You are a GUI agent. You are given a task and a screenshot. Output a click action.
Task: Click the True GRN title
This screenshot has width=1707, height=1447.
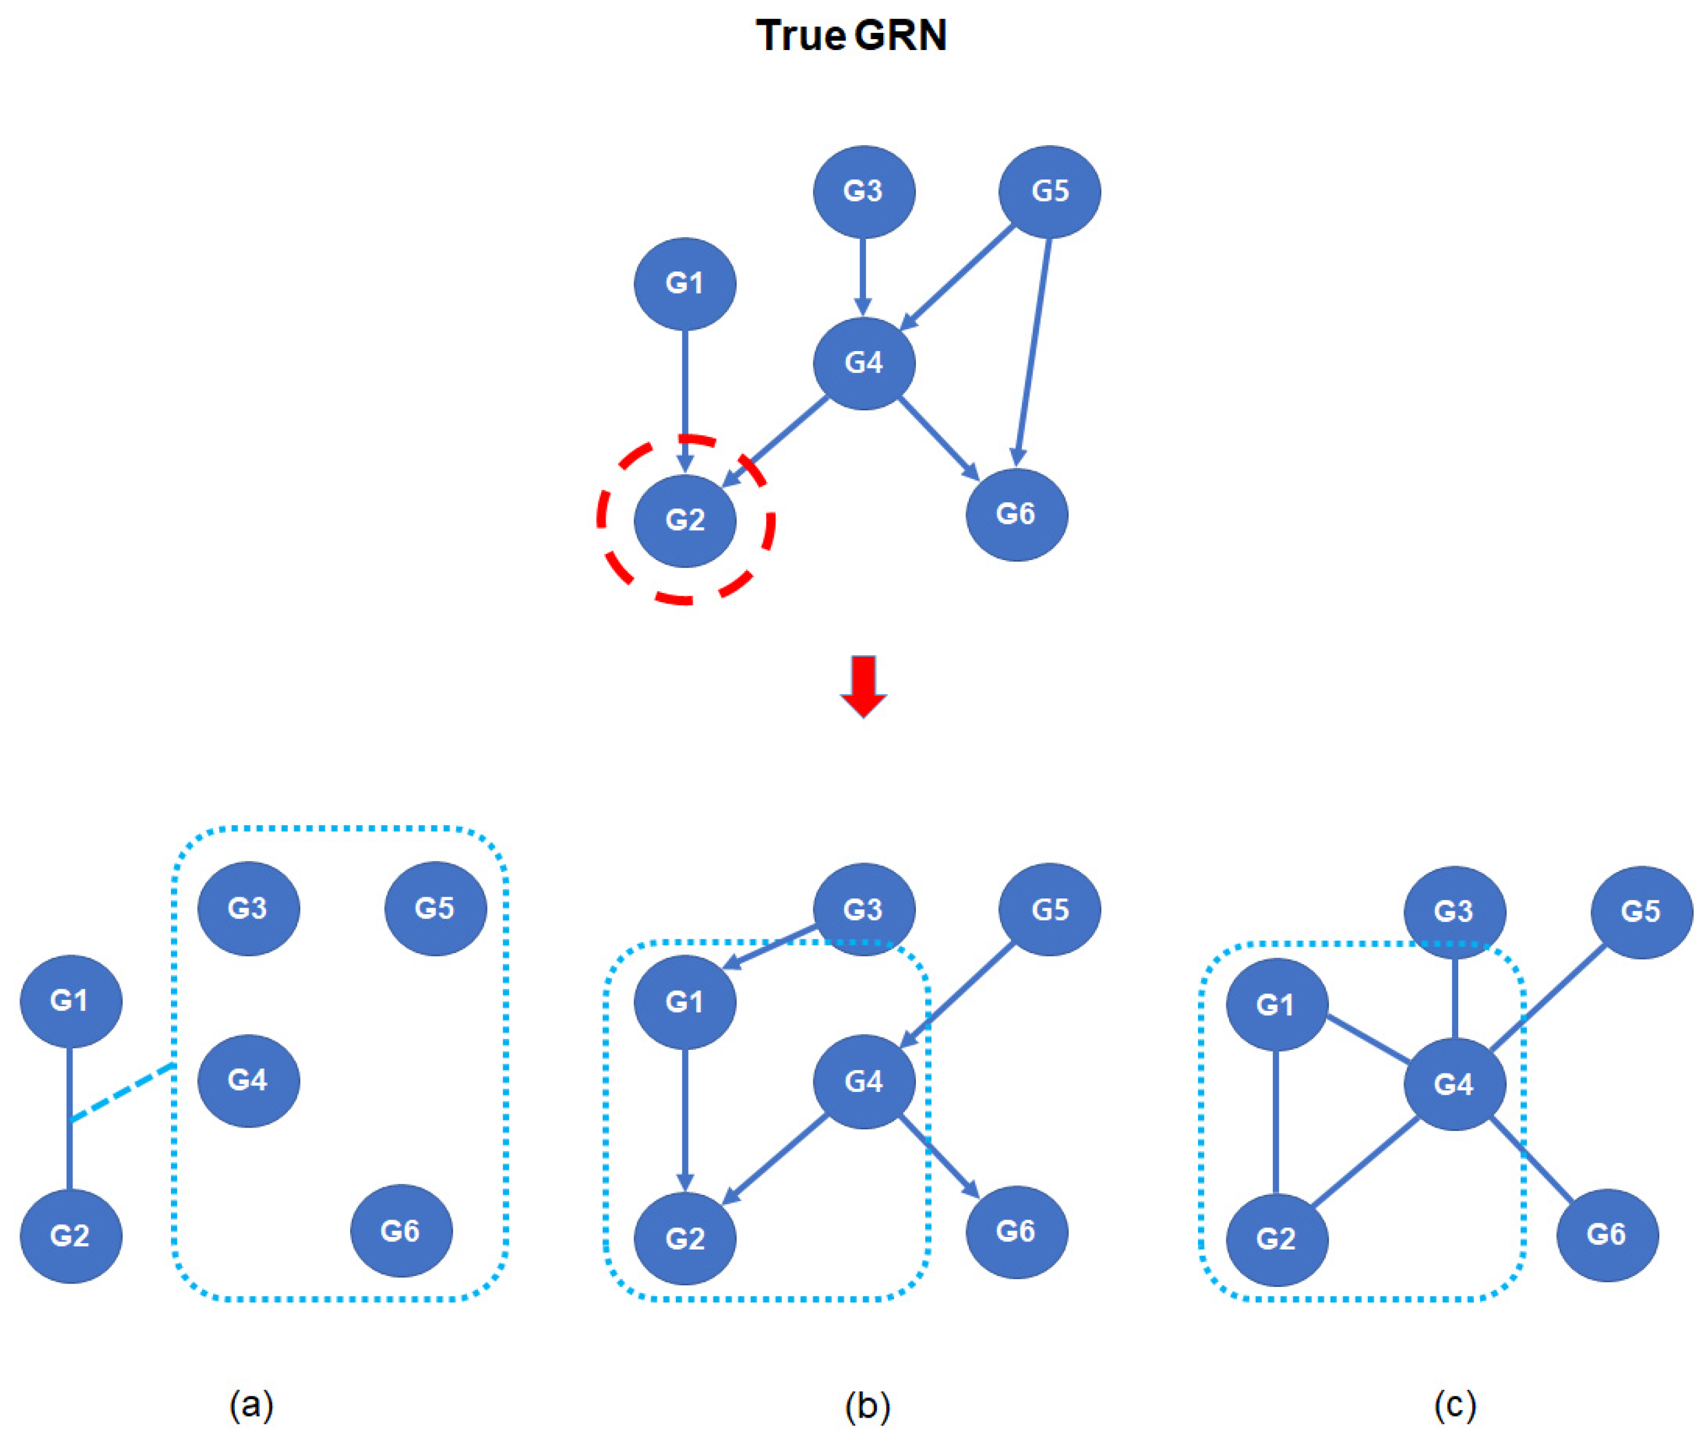tap(851, 36)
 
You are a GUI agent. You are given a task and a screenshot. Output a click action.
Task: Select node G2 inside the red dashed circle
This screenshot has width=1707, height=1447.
tap(685, 520)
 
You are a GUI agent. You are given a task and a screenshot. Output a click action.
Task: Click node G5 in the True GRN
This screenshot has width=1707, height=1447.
tap(1049, 191)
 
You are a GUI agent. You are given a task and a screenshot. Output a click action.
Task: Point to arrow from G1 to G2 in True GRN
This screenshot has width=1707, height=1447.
tap(685, 394)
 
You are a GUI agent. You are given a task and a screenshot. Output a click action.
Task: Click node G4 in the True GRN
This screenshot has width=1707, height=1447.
tap(863, 363)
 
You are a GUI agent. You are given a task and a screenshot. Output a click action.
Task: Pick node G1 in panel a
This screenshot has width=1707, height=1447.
tap(71, 1001)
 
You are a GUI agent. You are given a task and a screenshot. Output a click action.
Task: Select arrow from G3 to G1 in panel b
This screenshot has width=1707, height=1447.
tap(771, 947)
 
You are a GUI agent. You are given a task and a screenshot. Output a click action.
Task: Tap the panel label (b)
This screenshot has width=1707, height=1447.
tap(867, 1406)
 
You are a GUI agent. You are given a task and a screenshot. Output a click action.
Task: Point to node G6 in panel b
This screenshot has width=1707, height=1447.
tap(1016, 1231)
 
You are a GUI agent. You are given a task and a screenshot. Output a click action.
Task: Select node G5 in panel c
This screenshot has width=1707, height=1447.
tap(1641, 911)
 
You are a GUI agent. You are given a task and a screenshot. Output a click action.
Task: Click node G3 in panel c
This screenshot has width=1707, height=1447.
tap(1454, 911)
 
